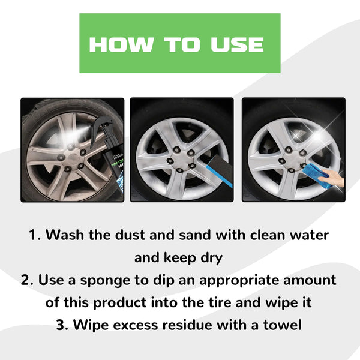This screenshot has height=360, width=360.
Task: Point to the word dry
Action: pos(211,257)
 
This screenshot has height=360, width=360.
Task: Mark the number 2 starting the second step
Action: pos(28,280)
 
